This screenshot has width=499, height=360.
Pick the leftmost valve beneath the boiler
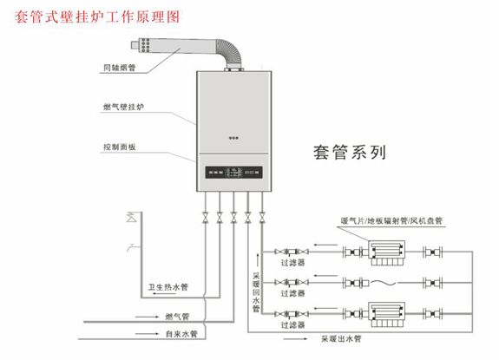coord(204,219)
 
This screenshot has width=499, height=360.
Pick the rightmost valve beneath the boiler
coord(264,219)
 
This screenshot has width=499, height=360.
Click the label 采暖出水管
coord(344,339)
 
